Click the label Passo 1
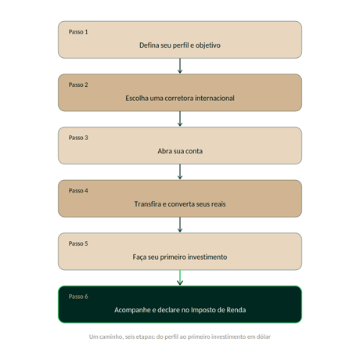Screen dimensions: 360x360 [x=78, y=32]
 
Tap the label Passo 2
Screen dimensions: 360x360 [x=78, y=85]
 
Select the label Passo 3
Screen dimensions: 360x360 [x=78, y=138]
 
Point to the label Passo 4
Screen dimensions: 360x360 [x=78, y=191]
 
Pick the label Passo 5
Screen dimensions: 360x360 [x=78, y=243]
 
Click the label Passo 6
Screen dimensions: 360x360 [x=78, y=297]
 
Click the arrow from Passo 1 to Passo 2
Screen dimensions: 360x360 [x=180, y=66]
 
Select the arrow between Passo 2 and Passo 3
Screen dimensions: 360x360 [x=180, y=119]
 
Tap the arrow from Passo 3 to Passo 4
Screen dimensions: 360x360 [x=180, y=171]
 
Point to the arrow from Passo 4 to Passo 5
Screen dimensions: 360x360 [x=180, y=225]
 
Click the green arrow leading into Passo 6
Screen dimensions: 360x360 [x=180, y=278]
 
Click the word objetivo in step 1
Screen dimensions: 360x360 [x=208, y=45]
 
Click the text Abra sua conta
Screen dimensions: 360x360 [x=180, y=151]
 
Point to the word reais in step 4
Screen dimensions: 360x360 [x=218, y=204]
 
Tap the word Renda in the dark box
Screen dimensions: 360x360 [x=236, y=310]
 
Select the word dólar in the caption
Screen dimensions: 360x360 [x=264, y=337]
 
